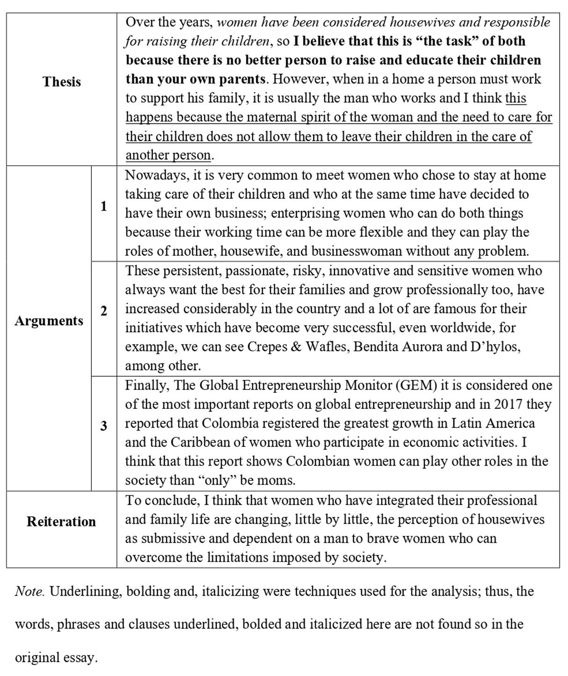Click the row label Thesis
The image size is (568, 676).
[62, 82]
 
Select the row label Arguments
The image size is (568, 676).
[49, 321]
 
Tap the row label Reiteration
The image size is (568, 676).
[61, 522]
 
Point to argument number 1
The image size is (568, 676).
[103, 206]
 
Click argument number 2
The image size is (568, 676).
[103, 311]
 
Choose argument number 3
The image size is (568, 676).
[103, 426]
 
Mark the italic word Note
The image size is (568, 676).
[30, 591]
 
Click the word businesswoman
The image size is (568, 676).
[357, 252]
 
